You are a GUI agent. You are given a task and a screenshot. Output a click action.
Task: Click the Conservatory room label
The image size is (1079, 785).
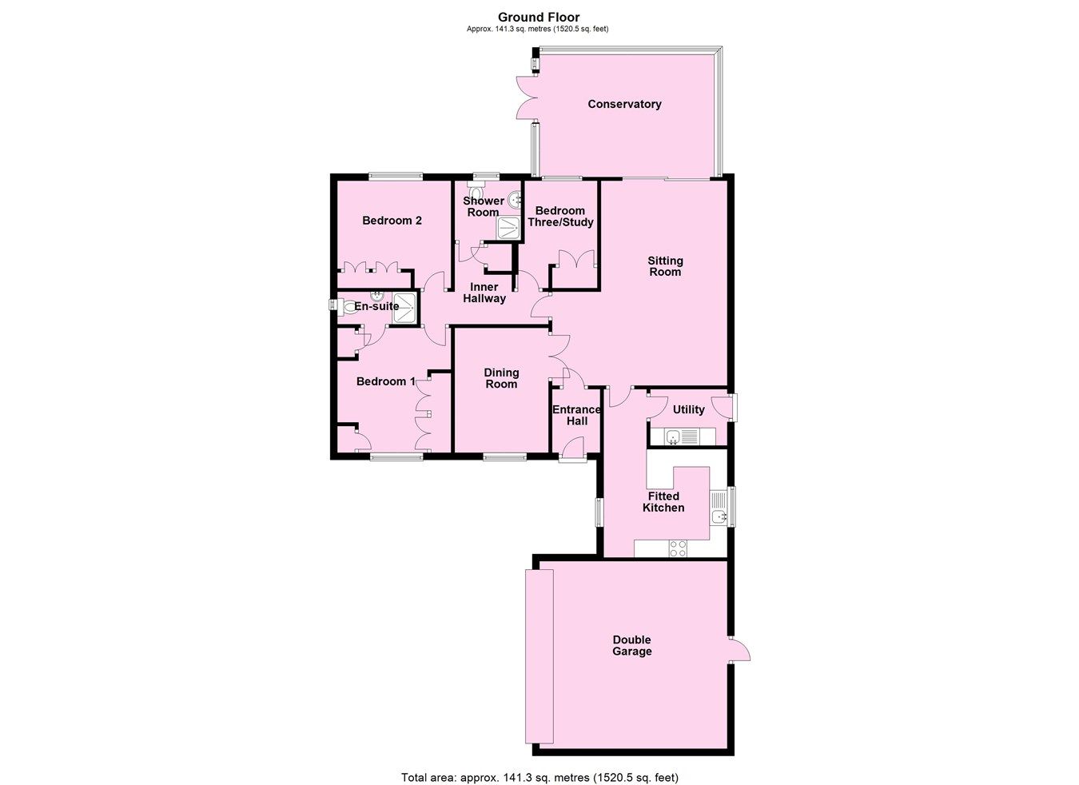pyautogui.click(x=624, y=104)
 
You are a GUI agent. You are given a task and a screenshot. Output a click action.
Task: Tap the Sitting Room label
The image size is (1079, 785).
pyautogui.click(x=665, y=266)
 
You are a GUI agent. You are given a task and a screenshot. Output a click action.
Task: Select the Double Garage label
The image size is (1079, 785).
pyautogui.click(x=632, y=645)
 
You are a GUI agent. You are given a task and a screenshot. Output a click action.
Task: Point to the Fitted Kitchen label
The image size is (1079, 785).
pyautogui.click(x=663, y=502)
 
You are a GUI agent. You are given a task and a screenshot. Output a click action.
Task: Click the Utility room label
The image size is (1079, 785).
pyautogui.click(x=688, y=410)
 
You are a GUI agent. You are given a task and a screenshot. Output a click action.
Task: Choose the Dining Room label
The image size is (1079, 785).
pyautogui.click(x=501, y=378)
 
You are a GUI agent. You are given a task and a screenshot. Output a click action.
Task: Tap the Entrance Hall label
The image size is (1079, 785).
pyautogui.click(x=576, y=416)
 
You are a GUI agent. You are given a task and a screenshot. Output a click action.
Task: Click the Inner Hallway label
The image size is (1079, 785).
pyautogui.click(x=484, y=293)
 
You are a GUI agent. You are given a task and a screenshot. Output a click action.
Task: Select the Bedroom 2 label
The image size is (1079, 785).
pyautogui.click(x=392, y=221)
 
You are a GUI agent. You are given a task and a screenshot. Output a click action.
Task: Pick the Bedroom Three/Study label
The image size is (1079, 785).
pyautogui.click(x=560, y=217)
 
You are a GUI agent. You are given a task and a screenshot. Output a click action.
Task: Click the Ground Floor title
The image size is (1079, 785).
pyautogui.click(x=539, y=17)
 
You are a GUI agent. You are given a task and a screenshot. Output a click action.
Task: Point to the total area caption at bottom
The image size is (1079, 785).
pyautogui.click(x=539, y=777)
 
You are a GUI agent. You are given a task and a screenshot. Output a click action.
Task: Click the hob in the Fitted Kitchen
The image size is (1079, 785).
pyautogui.click(x=678, y=548)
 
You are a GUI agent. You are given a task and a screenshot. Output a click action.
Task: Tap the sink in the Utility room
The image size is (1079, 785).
pyautogui.click(x=673, y=436)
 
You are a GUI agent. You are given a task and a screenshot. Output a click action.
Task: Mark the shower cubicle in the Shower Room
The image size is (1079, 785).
pyautogui.click(x=509, y=229)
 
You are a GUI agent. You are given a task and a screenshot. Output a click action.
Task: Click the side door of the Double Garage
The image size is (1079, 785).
pyautogui.click(x=739, y=649)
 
